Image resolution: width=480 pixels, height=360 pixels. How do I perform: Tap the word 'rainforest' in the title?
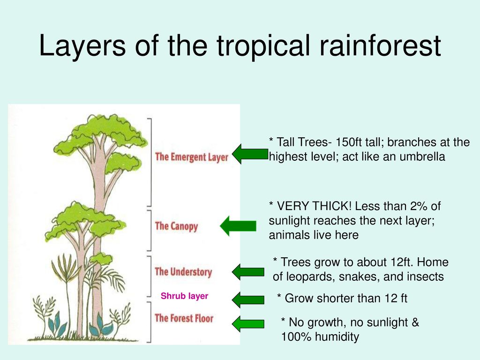tap(380, 45)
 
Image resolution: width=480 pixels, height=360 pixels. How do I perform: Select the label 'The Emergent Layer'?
tap(192, 157)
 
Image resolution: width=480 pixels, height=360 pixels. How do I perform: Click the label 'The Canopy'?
tap(176, 226)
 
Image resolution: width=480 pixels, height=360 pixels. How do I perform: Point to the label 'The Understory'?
tap(183, 271)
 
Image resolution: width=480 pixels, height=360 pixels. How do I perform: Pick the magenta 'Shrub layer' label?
tap(184, 296)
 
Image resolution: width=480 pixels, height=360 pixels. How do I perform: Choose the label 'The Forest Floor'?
tap(184, 318)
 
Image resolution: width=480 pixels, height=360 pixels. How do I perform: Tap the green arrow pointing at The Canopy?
tap(238, 226)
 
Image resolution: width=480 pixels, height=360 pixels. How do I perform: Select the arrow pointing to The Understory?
tap(248, 272)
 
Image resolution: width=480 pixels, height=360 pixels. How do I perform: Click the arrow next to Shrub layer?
tap(248, 300)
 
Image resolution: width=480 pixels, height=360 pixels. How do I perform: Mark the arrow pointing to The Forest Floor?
tap(248, 324)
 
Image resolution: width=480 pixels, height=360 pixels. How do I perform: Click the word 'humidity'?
tap(337, 337)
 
